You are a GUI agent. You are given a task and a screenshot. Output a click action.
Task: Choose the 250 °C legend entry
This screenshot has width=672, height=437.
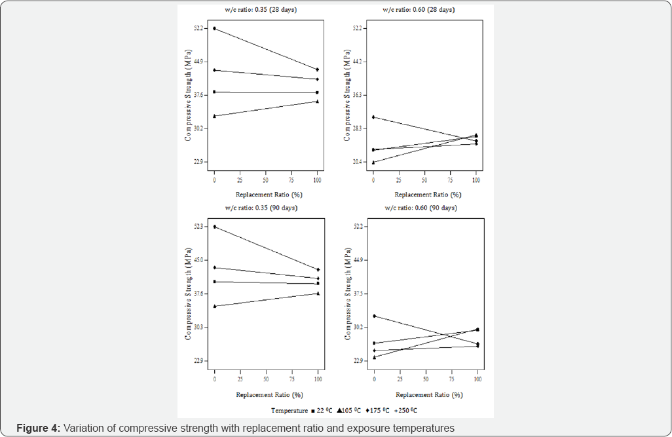click(408, 410)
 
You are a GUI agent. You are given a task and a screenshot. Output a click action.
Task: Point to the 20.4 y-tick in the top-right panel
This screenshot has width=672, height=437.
click(357, 162)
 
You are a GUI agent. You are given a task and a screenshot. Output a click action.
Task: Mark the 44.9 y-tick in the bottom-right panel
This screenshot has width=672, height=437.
click(357, 260)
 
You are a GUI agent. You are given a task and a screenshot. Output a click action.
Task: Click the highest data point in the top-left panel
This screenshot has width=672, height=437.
click(214, 29)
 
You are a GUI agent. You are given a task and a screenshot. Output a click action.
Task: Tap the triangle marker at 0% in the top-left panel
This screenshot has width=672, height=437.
click(214, 116)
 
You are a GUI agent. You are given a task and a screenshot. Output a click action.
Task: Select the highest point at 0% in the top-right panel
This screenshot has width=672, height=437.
click(373, 117)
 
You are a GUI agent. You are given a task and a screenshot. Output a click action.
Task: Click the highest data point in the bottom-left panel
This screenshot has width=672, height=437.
click(214, 227)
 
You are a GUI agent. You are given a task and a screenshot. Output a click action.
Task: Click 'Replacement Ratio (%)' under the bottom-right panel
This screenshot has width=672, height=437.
click(429, 395)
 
